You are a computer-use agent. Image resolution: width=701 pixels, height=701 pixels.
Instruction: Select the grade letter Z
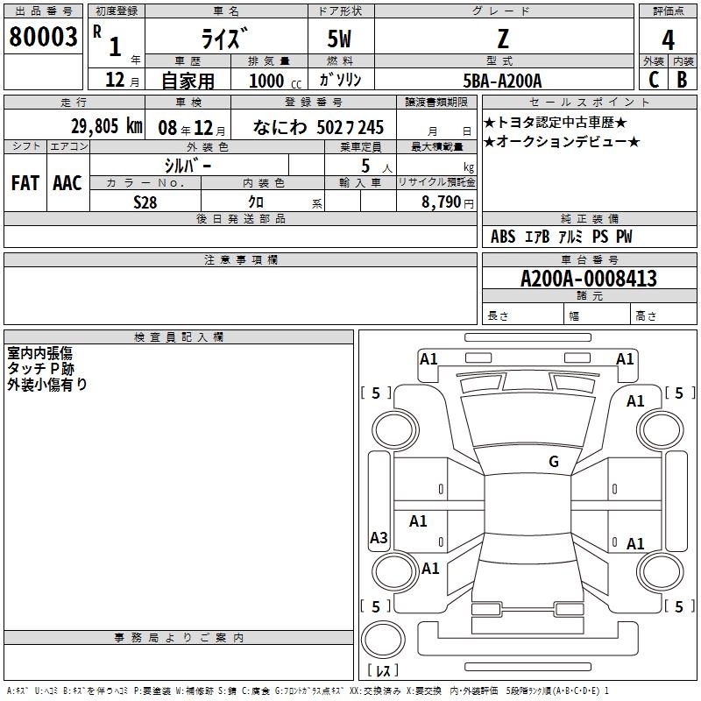[x=502, y=38]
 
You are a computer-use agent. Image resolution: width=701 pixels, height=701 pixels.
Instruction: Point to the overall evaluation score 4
[x=668, y=40]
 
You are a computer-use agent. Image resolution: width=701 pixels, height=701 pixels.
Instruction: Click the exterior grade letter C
[x=653, y=79]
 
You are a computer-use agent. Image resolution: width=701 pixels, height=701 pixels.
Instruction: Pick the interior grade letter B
[x=683, y=79]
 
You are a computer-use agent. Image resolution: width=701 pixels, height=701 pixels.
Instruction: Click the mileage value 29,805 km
[x=107, y=126]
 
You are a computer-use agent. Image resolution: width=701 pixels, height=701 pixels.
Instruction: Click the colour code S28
[x=145, y=202]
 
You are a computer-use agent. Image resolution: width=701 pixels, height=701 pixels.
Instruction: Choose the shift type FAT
[x=25, y=183]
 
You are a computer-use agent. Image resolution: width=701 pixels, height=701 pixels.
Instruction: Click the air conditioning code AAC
[x=67, y=183]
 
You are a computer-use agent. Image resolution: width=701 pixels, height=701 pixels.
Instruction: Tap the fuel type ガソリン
[x=340, y=80]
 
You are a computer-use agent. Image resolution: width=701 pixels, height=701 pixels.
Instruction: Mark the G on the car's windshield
[x=554, y=462]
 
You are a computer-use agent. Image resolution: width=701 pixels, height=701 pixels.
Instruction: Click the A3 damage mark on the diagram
[x=379, y=537]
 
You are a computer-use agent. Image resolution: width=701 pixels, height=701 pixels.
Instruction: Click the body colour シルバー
[x=188, y=165]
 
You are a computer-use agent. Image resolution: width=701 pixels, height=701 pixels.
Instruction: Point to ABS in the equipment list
[x=503, y=237]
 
